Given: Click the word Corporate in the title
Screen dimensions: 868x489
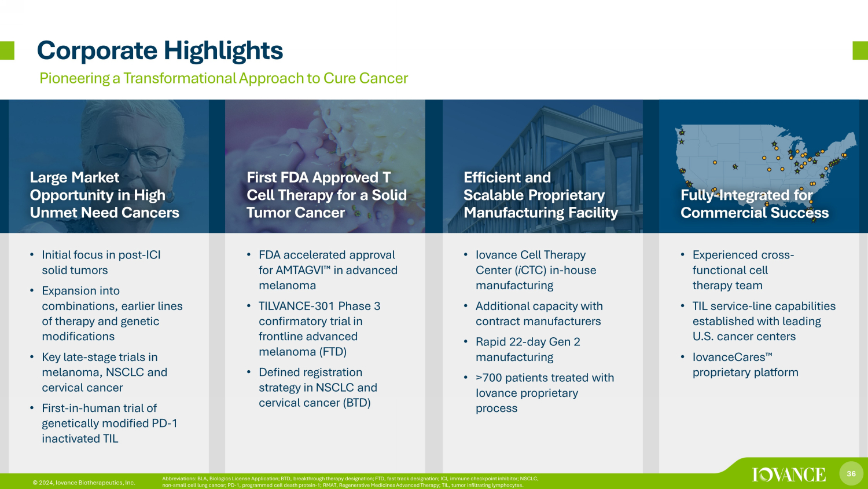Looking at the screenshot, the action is [97, 51].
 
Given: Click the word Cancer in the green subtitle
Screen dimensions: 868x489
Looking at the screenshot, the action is [383, 78].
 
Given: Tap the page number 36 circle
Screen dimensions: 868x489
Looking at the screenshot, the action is [851, 473].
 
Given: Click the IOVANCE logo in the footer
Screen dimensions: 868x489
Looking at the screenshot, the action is [789, 475].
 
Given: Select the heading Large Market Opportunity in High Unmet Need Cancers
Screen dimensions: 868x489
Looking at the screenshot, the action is [105, 195].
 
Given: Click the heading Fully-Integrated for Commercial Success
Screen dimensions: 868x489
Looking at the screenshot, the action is [755, 204].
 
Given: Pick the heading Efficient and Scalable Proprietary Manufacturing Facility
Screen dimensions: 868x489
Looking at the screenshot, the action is [540, 195].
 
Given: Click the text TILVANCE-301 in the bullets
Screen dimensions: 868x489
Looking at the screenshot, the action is [296, 306].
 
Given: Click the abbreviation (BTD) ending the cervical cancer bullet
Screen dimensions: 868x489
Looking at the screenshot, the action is [356, 403].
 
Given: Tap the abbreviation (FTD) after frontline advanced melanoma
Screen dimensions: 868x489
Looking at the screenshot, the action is [333, 352].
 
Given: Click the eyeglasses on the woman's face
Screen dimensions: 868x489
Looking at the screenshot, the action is [133, 156].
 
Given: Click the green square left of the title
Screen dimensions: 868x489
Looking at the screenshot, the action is [7, 50].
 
